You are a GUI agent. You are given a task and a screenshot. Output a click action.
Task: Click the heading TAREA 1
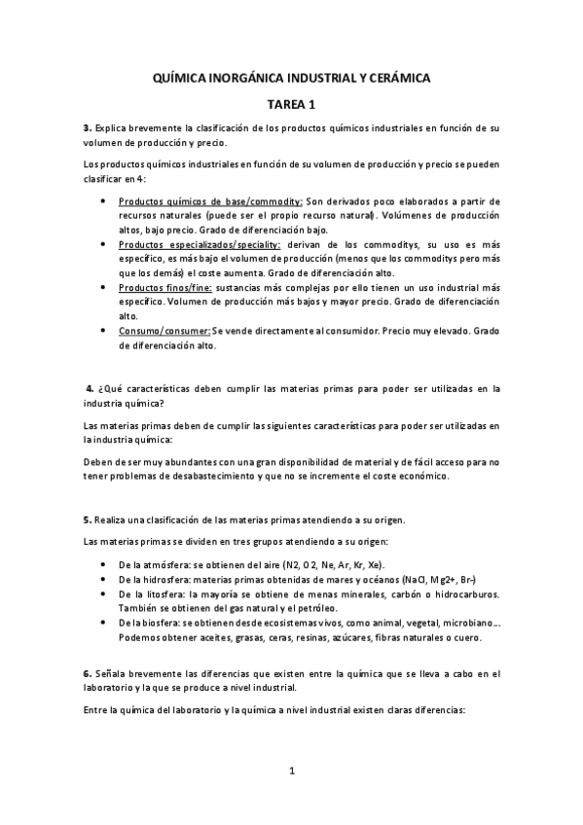click(292, 102)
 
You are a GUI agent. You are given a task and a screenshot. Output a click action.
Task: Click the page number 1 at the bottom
click(292, 772)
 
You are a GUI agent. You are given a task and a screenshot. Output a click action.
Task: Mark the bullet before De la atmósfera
click(105, 565)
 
